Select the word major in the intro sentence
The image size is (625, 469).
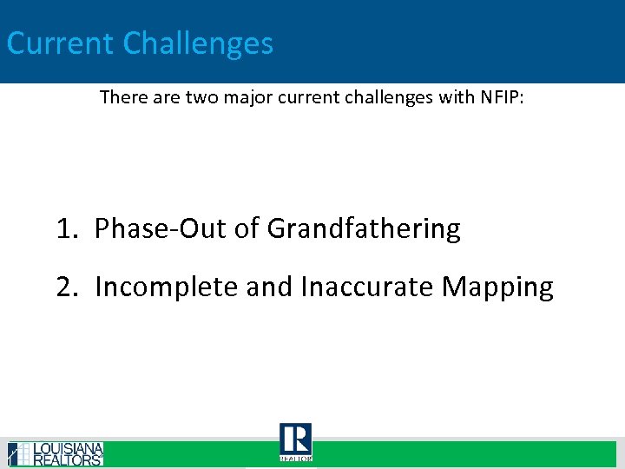pos(249,97)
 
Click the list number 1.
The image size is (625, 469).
pos(65,229)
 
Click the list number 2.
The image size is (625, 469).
pos(66,287)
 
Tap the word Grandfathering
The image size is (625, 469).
pos(364,230)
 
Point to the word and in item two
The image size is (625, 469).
pos(270,287)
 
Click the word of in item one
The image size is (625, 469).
pos(247,229)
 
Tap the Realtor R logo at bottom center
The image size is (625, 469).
pos(295,441)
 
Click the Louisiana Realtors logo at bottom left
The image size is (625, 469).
pos(55,454)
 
